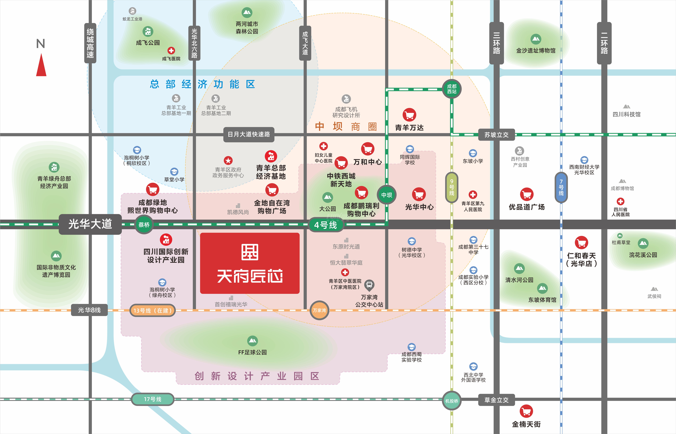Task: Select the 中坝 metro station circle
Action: point(387,195)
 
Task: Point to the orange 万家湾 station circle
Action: point(319,310)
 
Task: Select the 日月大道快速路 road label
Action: point(249,134)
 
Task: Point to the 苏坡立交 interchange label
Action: point(497,135)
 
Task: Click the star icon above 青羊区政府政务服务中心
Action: point(228,160)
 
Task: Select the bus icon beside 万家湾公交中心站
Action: point(369,285)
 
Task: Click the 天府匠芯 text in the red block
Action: point(250,276)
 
